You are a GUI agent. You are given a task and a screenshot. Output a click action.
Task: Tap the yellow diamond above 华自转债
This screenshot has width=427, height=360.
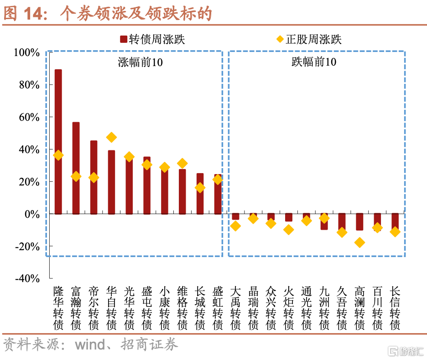pos(111,137)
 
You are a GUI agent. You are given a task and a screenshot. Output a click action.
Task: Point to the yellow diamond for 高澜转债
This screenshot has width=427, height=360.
pos(359,242)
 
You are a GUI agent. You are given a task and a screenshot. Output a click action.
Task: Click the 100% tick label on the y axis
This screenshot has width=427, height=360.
pos(27,53)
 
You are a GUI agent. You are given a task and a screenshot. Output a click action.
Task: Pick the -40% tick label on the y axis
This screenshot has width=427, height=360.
pos(27,278)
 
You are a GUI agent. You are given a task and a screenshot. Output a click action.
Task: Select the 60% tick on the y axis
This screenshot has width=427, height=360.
pos(29,118)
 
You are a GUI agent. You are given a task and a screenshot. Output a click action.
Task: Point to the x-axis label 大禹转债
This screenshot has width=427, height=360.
pos(235,308)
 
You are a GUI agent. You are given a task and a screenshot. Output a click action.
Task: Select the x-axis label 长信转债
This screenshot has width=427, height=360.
pos(395,308)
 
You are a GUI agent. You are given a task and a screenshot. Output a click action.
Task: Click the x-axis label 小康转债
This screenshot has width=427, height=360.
pos(165,308)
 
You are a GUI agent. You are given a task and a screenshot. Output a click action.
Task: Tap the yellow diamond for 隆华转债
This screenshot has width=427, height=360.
pos(58,155)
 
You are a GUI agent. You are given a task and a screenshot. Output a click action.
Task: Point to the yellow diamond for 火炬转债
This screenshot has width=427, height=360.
pos(288,230)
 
